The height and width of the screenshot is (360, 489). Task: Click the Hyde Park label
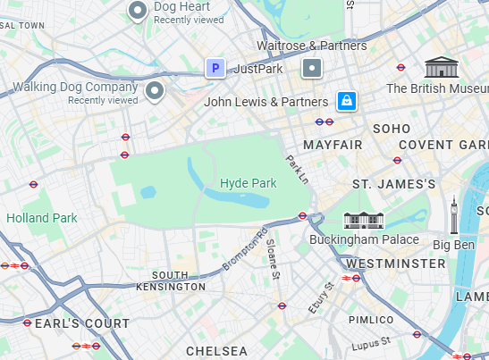(249, 183)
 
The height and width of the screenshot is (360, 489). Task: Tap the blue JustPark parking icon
(215, 68)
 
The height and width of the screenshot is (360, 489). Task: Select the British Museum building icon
(440, 67)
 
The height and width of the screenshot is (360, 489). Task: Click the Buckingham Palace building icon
(364, 220)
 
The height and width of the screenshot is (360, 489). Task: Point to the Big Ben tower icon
(454, 216)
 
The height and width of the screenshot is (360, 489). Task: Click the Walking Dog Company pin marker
(156, 91)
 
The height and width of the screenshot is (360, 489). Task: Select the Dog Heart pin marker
(138, 11)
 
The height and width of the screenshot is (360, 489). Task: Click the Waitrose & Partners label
(312, 46)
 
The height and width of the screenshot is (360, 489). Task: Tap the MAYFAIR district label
(333, 145)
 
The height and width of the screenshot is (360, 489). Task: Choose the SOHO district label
(392, 129)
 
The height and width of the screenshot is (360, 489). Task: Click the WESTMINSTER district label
(395, 264)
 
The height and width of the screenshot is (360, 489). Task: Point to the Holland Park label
(42, 217)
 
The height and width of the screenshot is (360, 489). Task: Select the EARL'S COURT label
(82, 323)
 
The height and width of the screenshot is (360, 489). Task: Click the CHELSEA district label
(216, 351)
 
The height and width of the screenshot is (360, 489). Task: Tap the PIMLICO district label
(371, 320)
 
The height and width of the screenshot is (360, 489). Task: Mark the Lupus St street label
(371, 342)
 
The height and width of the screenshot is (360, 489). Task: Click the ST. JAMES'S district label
(394, 184)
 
